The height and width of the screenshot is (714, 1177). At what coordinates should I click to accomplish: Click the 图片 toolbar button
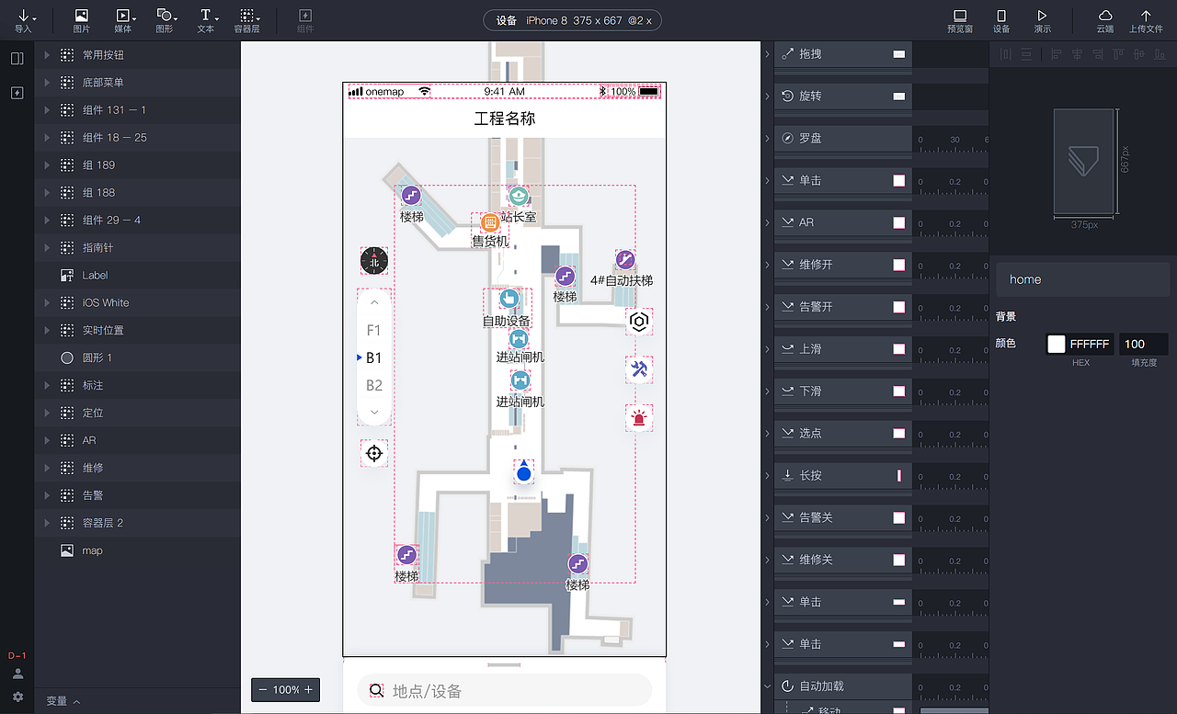pyautogui.click(x=81, y=20)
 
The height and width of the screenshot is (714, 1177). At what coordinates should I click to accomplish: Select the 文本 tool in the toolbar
pyautogui.click(x=205, y=20)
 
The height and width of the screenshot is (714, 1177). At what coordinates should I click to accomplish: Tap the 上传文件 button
pyautogui.click(x=1146, y=20)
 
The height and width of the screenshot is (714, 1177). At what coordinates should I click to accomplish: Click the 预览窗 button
pyautogui.click(x=960, y=20)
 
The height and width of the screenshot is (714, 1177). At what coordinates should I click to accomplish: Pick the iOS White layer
pyautogui.click(x=106, y=302)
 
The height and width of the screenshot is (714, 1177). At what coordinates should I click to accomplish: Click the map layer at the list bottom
pyautogui.click(x=92, y=550)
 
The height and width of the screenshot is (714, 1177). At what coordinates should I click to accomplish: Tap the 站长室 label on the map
pyautogui.click(x=519, y=218)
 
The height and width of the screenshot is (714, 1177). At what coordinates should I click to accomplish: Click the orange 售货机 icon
pyautogui.click(x=490, y=222)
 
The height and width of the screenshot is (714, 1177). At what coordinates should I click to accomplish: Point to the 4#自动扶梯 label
pyautogui.click(x=622, y=280)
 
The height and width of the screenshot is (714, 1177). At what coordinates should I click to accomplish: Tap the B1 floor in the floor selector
pyautogui.click(x=373, y=358)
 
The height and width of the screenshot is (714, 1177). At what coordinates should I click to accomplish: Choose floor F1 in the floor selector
pyautogui.click(x=373, y=331)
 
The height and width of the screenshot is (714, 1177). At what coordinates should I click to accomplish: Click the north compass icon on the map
pyautogui.click(x=374, y=261)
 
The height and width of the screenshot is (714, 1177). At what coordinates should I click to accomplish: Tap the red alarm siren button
pyautogui.click(x=639, y=418)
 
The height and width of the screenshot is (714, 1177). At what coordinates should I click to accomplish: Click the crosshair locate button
pyautogui.click(x=374, y=453)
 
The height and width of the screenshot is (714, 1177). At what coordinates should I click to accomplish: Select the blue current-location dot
pyautogui.click(x=524, y=474)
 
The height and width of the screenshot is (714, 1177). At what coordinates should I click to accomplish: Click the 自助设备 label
pyautogui.click(x=507, y=322)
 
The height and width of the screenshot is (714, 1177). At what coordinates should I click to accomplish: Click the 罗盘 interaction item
pyautogui.click(x=810, y=139)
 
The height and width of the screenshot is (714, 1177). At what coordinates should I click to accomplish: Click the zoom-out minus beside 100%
pyautogui.click(x=264, y=690)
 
